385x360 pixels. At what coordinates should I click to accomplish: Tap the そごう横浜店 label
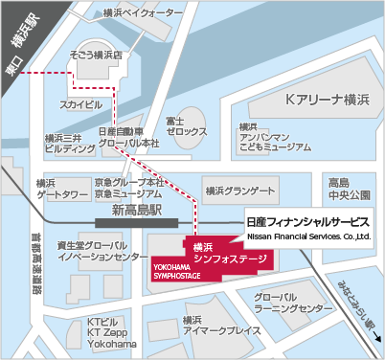[x=96, y=56]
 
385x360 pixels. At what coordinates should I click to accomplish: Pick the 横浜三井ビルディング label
[x=69, y=144]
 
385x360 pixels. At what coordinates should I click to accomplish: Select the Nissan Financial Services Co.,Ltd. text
[x=307, y=235]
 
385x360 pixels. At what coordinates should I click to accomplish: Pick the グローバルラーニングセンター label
[x=290, y=304]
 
